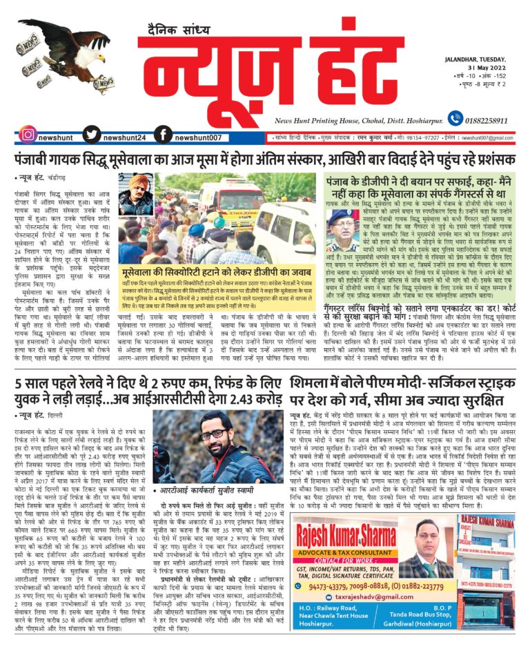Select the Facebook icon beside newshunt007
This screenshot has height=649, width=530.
point(163,135)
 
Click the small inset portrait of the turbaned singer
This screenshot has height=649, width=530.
point(136,195)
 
